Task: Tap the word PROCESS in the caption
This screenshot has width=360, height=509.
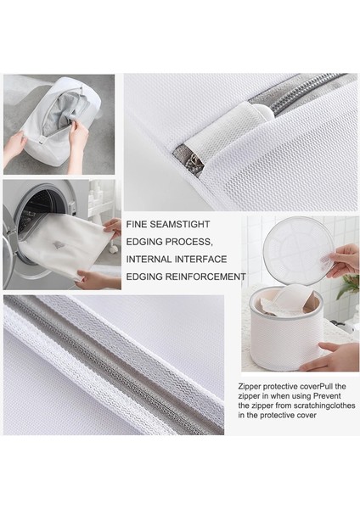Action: point(200,243)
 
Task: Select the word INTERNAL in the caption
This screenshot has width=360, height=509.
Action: point(153,260)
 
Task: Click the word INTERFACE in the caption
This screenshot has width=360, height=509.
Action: point(211,260)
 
